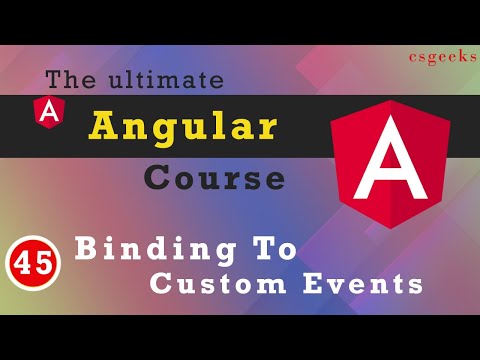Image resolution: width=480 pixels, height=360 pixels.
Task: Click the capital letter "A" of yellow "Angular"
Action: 102,125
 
